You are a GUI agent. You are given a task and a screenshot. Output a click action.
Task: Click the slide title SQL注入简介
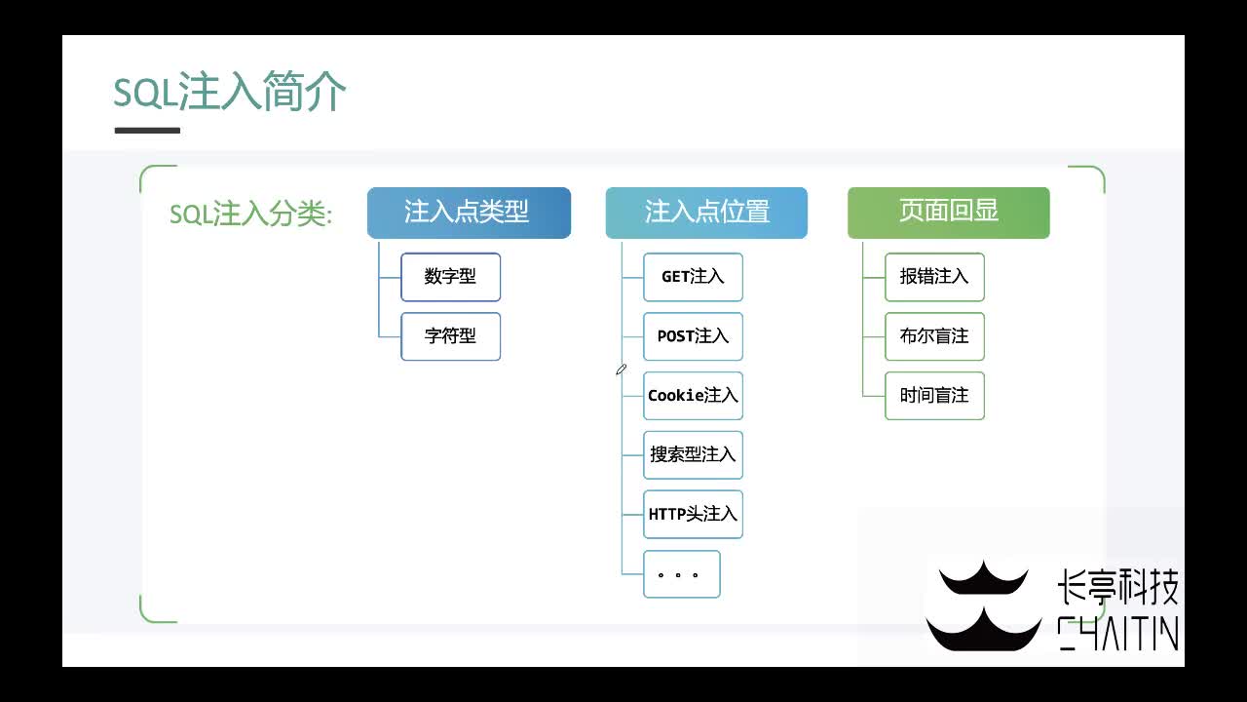click(230, 94)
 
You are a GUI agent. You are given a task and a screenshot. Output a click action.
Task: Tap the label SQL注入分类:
click(250, 214)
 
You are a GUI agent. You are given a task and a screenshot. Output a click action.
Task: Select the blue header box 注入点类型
click(469, 213)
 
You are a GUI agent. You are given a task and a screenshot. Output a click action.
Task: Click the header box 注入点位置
click(706, 213)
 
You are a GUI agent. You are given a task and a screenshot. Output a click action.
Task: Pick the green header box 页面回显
click(948, 213)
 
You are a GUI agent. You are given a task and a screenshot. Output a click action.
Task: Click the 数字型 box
click(450, 277)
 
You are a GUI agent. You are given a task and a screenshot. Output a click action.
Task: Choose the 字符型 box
click(450, 336)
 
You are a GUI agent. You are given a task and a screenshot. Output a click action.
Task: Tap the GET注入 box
click(693, 277)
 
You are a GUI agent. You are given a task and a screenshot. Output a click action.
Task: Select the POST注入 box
click(693, 336)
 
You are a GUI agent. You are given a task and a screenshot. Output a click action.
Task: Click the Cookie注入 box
click(693, 396)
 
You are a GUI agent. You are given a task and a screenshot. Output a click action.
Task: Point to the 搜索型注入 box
click(693, 455)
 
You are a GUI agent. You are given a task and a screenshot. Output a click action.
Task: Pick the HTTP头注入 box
click(693, 514)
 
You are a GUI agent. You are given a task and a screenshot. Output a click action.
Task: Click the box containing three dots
click(681, 574)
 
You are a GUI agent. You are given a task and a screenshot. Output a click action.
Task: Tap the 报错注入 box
click(934, 277)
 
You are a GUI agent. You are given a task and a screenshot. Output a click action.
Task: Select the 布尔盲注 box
click(934, 336)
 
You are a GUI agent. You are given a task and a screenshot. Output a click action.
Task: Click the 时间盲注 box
click(934, 396)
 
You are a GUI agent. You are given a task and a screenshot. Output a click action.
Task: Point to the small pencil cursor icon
click(621, 370)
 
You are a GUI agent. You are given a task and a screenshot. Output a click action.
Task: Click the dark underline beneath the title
click(147, 130)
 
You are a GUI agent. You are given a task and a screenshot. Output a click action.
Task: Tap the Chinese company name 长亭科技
click(1117, 588)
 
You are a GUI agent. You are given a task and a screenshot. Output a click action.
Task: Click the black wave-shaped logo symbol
click(983, 606)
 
